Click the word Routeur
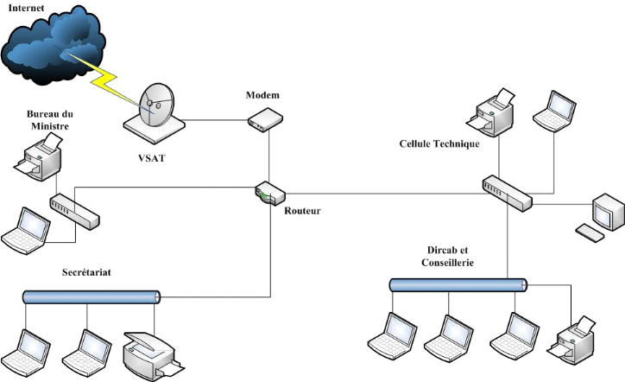[x=302, y=209]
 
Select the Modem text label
[x=262, y=93]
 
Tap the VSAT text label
[x=152, y=159]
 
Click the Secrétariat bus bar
[x=92, y=296]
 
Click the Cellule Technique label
[x=439, y=143]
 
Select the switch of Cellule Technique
[x=507, y=192]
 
